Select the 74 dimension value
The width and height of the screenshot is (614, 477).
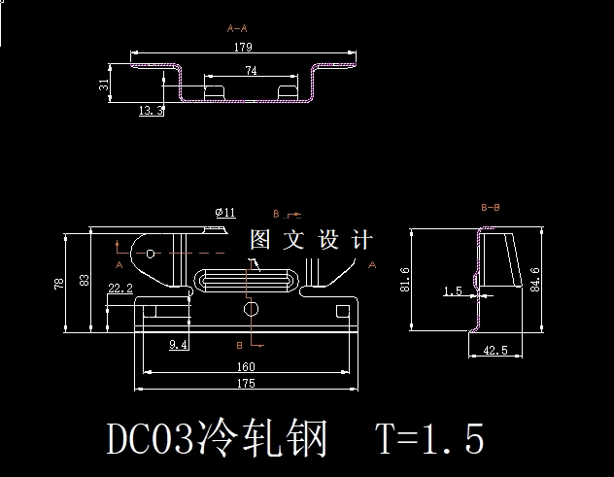point(251,71)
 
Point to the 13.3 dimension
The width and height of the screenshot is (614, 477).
point(152,112)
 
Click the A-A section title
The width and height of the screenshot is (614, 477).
point(237,28)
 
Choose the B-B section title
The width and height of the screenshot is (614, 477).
point(491,208)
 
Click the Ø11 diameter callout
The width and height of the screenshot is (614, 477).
point(223,212)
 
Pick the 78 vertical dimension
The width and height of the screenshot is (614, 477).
point(60,284)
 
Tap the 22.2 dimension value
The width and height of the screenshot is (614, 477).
point(120,289)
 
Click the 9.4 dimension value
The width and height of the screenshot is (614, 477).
point(178,344)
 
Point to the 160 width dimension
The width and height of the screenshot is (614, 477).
point(246,367)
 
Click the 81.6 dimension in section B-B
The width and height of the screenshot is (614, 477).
point(405,280)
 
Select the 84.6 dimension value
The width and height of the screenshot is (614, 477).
point(536,279)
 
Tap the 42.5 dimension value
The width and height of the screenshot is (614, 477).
point(495,351)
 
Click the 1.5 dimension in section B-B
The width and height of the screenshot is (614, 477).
point(452,290)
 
